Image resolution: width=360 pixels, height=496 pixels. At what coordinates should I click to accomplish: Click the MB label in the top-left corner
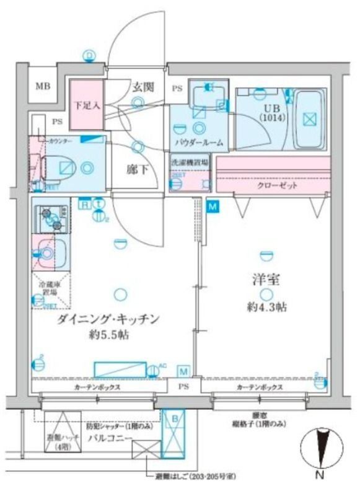pos(42,86)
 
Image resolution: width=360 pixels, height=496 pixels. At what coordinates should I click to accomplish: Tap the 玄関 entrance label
pos(142,87)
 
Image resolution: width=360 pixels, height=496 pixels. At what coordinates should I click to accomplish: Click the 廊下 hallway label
pos(138,169)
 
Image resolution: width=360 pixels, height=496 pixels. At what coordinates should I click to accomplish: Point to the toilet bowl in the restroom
pos(62,166)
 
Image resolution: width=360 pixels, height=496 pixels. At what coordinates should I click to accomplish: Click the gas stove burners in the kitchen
pos(53,216)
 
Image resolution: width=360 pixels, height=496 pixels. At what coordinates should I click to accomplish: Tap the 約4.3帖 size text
pos(267,306)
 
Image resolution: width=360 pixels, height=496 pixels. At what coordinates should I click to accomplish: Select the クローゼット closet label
pos(278,185)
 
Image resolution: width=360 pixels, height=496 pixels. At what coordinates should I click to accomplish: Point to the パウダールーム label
pos(199,143)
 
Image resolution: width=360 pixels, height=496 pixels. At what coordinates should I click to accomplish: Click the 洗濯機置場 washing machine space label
pos(190,162)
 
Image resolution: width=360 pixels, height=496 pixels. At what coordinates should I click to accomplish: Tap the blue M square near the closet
pos(213,206)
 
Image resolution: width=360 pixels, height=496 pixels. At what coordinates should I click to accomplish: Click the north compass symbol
pos(321,451)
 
